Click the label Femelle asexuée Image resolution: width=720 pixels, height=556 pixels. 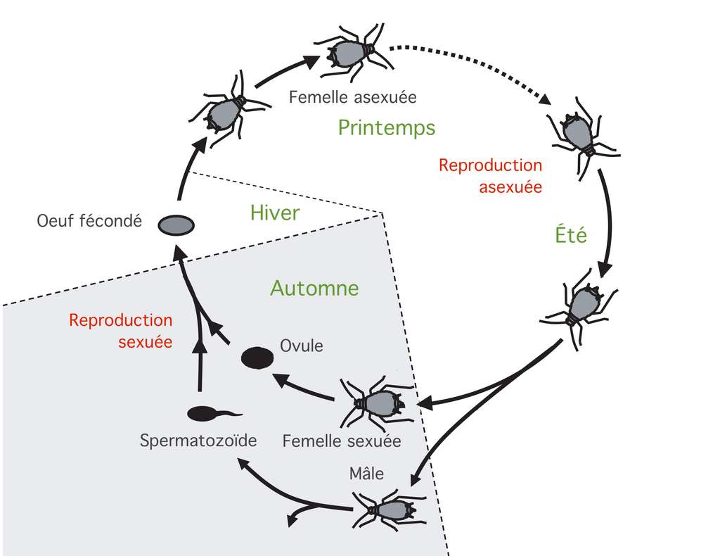click(x=352, y=96)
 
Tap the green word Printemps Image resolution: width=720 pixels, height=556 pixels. click(x=386, y=127)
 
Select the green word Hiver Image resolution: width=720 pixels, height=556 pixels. click(x=274, y=212)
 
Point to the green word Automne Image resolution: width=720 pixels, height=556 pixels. click(x=314, y=288)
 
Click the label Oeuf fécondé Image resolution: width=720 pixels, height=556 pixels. click(x=89, y=221)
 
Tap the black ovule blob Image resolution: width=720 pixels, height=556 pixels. click(x=257, y=358)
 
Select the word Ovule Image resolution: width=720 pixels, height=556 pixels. click(x=302, y=346)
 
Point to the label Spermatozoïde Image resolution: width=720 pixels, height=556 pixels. click(x=198, y=441)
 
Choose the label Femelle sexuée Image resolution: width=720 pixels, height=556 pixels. click(x=341, y=441)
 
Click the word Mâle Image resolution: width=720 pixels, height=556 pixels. click(x=366, y=473)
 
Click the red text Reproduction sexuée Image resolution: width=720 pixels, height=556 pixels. click(x=120, y=329)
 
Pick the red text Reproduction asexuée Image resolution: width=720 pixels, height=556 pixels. click(x=491, y=176)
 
